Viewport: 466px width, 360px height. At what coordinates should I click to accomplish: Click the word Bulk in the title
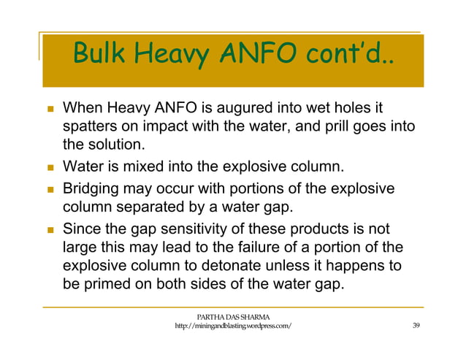click(101, 53)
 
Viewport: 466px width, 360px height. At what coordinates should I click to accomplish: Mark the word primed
click(107, 284)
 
